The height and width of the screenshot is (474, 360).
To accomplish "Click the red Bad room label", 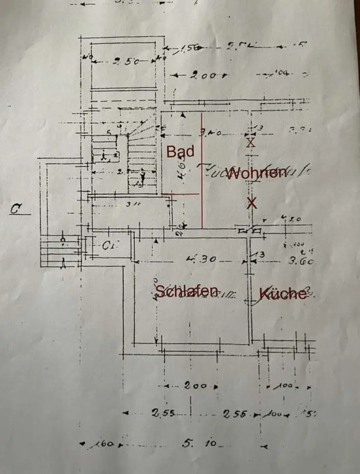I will pyautogui.click(x=180, y=152).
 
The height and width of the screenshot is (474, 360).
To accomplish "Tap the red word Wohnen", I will pyautogui.click(x=257, y=173).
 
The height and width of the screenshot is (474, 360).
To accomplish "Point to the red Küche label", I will pyautogui.click(x=283, y=294).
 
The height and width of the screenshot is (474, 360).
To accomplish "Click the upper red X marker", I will pyautogui.click(x=251, y=142).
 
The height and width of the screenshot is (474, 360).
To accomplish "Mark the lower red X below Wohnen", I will pyautogui.click(x=252, y=203).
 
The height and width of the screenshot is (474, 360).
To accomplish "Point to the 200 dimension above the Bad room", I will pyautogui.click(x=203, y=75).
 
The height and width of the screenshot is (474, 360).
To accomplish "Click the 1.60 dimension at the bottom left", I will pyautogui.click(x=104, y=444).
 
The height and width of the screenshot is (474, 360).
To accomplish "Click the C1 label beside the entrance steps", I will pyautogui.click(x=111, y=246).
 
